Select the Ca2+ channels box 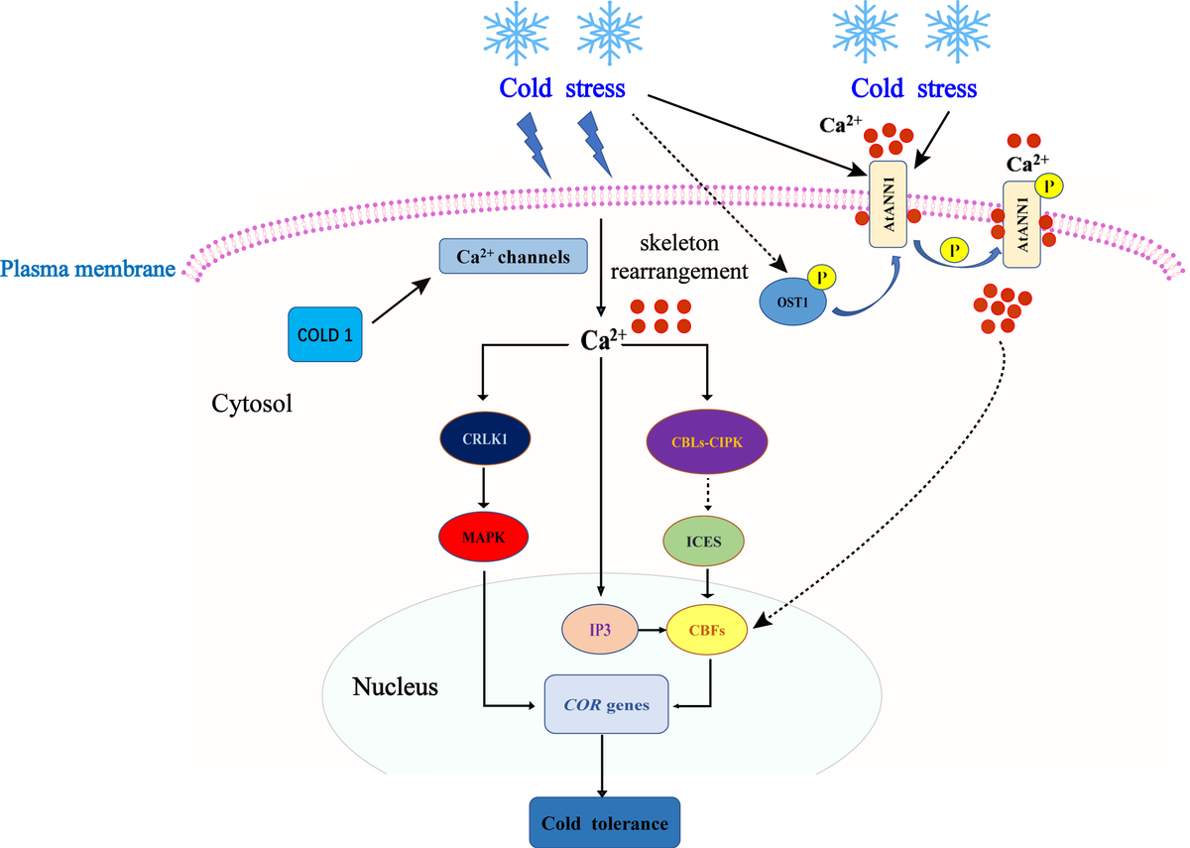[511, 257]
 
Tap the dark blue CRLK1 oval [483, 436]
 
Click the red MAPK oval [483, 536]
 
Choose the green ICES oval [706, 542]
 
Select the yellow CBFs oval [706, 629]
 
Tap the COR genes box [607, 705]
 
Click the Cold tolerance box [604, 823]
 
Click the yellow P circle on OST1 [822, 278]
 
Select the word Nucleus [395, 686]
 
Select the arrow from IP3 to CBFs [651, 629]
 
